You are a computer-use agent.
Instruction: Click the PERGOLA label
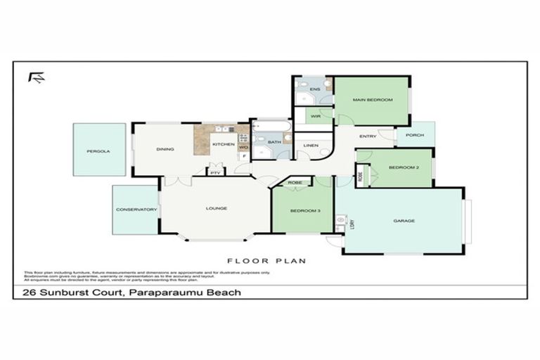(x=98, y=150)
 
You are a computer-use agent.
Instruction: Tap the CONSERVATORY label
(x=136, y=210)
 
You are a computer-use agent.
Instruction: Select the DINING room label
(x=165, y=148)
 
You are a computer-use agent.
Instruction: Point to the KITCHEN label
(x=223, y=144)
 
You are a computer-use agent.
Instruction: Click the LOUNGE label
(x=215, y=208)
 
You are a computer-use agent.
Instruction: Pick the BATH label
(x=274, y=142)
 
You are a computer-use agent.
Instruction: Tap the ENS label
(x=315, y=89)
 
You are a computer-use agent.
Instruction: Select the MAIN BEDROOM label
(x=372, y=101)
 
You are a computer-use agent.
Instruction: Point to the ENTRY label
(x=368, y=136)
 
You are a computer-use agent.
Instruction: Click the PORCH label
(x=415, y=135)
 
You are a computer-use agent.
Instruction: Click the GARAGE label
(x=404, y=221)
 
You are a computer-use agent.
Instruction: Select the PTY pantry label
(x=214, y=172)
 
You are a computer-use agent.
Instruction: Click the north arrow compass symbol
(x=36, y=77)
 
